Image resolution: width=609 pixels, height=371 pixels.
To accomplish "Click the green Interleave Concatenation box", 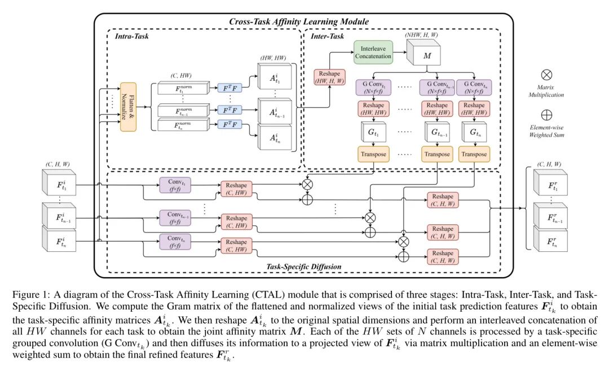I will [x=373, y=52].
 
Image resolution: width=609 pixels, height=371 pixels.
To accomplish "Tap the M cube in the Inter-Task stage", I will [x=427, y=56].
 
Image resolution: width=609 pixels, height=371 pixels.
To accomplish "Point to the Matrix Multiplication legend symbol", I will [x=546, y=74].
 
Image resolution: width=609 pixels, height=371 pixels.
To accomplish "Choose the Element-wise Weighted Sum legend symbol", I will [x=546, y=114].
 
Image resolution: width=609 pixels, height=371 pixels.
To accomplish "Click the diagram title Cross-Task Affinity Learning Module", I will [x=298, y=21].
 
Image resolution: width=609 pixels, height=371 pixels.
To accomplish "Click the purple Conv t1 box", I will [x=176, y=186].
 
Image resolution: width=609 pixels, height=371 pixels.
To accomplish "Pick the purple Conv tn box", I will [x=176, y=242].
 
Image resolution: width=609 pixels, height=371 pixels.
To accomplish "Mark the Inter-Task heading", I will [x=328, y=36].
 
